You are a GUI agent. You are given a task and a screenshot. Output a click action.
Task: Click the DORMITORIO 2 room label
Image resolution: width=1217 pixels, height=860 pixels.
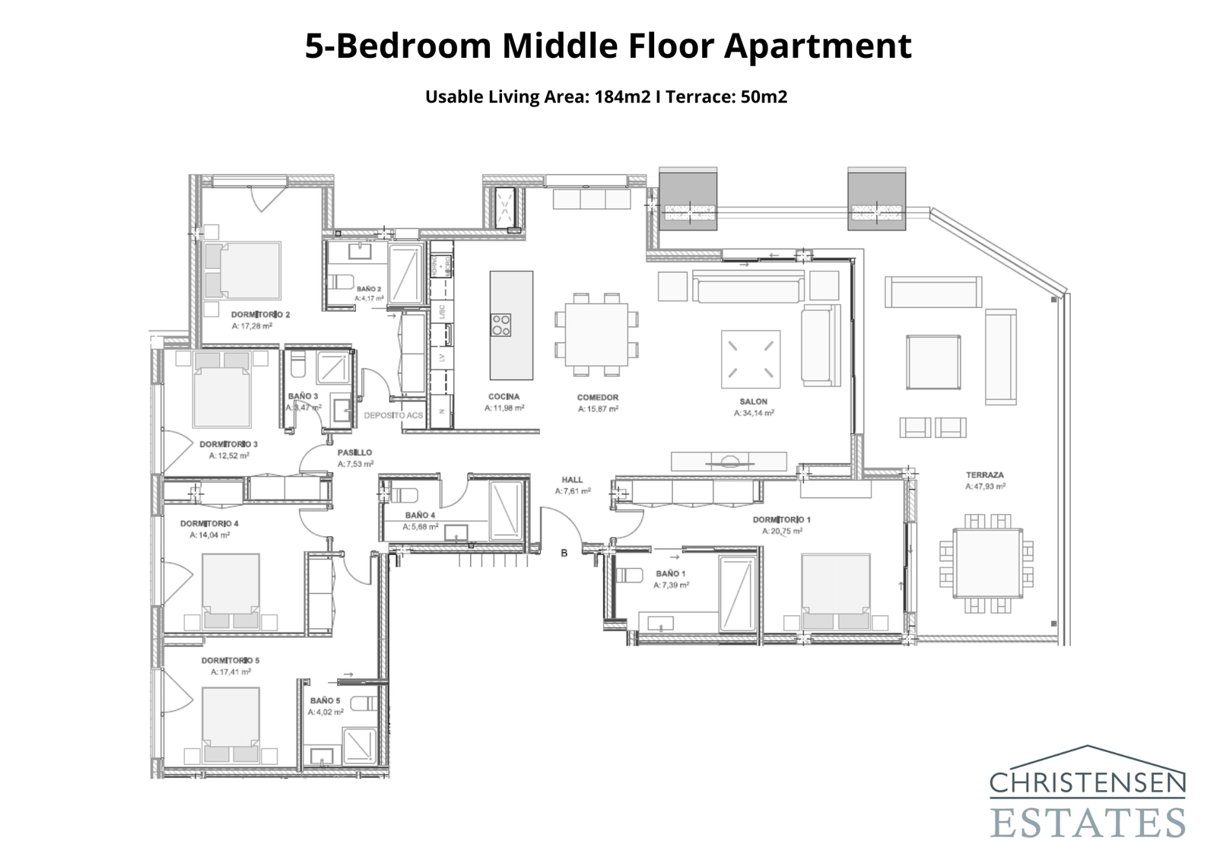260,314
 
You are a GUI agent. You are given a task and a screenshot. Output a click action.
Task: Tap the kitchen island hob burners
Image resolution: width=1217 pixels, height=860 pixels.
500,325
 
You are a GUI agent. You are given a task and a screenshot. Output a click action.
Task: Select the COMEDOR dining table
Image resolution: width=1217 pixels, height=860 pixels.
596,335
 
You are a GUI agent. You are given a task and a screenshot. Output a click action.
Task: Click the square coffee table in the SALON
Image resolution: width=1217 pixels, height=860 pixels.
751,358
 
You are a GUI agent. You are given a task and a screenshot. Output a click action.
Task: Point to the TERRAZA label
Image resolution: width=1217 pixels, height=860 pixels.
985,474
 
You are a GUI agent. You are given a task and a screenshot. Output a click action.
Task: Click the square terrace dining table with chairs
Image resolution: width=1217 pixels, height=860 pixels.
988,563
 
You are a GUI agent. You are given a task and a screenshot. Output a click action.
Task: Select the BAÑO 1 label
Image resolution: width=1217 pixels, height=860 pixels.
670,573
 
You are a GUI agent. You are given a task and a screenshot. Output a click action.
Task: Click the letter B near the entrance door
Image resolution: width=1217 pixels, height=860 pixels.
564,553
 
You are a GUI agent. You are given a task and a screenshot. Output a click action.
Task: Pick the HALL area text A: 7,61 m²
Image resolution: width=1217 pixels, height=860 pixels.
573,491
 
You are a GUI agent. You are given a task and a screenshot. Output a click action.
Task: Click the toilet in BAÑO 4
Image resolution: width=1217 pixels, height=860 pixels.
399,495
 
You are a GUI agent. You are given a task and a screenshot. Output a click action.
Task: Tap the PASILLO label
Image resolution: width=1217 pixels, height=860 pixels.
354,452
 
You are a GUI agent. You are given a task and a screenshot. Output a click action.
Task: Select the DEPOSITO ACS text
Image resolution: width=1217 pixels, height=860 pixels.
393,415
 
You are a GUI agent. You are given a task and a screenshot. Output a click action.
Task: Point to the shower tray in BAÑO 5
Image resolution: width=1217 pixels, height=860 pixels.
357,746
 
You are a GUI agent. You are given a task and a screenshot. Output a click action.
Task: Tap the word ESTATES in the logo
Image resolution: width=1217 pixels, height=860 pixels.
1088,823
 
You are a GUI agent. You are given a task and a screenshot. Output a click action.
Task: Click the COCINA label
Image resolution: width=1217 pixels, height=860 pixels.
504,397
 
